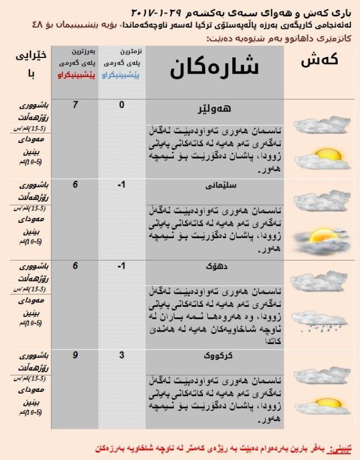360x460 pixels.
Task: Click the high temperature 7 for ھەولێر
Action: tap(75, 105)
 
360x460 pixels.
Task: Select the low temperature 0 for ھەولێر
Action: tap(121, 105)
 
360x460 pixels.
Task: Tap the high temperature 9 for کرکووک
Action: tap(75, 355)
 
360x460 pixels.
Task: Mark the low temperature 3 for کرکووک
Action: tap(121, 355)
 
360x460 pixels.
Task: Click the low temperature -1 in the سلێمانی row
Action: tap(121, 185)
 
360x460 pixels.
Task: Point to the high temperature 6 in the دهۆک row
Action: tap(75, 266)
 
